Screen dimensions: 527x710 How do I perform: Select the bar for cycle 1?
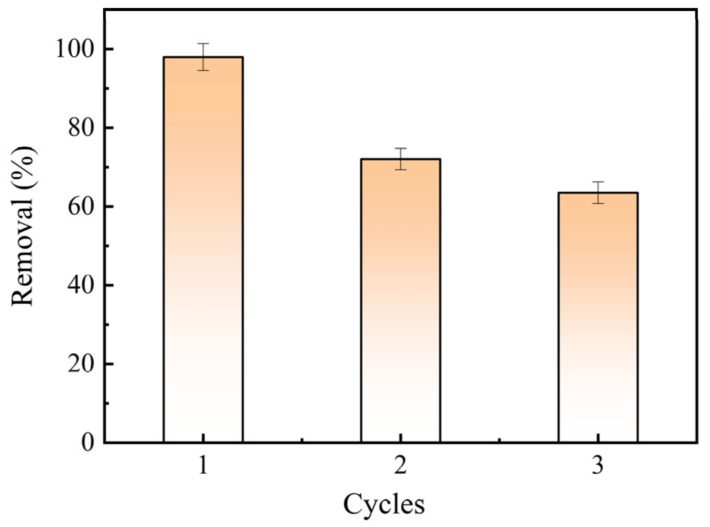(x=203, y=249)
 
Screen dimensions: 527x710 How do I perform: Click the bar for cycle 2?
(x=400, y=301)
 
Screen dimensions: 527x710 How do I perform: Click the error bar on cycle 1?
(x=203, y=57)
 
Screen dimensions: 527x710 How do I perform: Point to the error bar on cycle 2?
(x=400, y=159)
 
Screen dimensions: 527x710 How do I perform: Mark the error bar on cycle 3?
(x=598, y=192)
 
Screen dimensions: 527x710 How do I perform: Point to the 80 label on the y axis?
(x=81, y=128)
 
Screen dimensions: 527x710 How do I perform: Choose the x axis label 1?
(x=203, y=465)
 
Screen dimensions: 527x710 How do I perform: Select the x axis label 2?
(x=400, y=465)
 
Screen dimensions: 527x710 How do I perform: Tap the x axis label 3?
(x=598, y=465)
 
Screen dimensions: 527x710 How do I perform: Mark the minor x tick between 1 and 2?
(x=302, y=440)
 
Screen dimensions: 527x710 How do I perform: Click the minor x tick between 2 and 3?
(x=499, y=440)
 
